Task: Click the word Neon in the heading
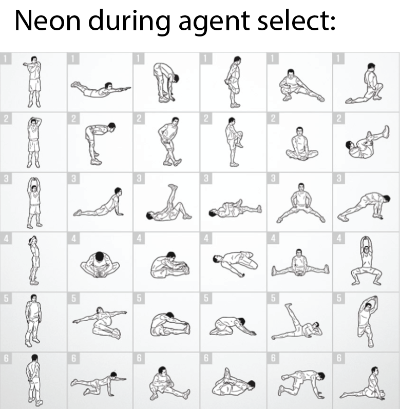coord(47,21)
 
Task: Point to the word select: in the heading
coord(296,21)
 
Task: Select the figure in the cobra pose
coord(99,202)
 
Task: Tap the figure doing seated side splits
coord(300,263)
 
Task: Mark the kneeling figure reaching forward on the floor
coord(233,326)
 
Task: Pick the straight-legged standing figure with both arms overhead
coord(34,203)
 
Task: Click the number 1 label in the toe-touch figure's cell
coord(139,59)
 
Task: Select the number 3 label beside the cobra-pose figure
coord(73,179)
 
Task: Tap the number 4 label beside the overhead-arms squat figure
coord(339,238)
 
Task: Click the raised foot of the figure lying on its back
coord(173,187)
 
